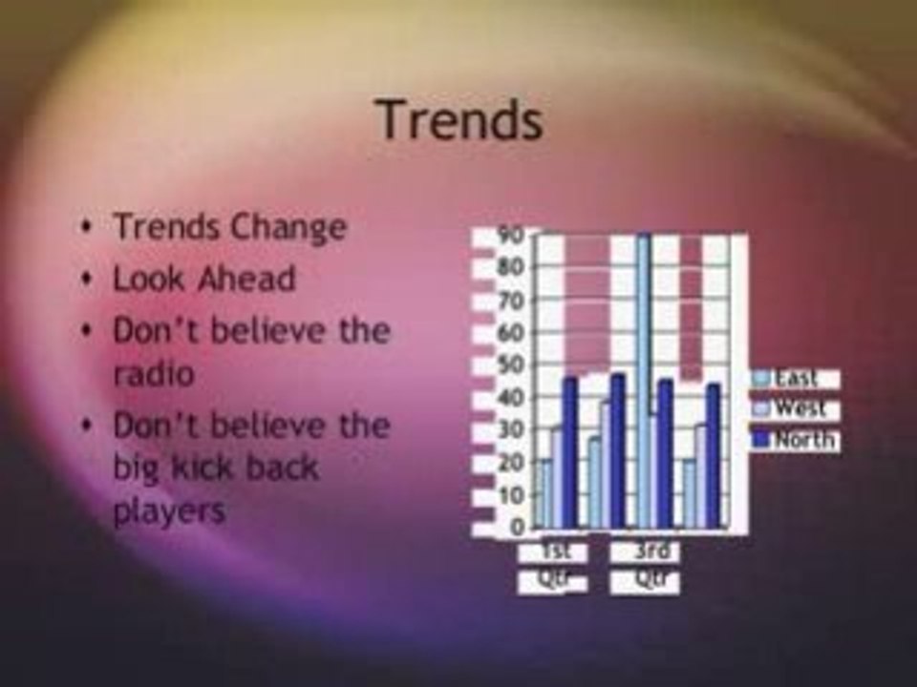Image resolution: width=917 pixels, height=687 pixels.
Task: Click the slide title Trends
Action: [x=459, y=121]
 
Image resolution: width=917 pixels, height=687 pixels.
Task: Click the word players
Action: [x=169, y=510]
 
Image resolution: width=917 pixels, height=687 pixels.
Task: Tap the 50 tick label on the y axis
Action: [x=512, y=365]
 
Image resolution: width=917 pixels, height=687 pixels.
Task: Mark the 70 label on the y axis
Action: [x=512, y=301]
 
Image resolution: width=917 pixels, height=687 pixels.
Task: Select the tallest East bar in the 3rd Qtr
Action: [x=644, y=382]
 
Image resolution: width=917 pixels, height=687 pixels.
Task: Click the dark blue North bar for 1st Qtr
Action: [x=570, y=452]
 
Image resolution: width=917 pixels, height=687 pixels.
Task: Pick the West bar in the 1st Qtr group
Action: [x=557, y=477]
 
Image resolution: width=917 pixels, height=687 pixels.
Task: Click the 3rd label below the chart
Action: [x=653, y=552]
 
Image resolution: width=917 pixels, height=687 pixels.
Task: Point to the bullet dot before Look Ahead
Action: [x=88, y=280]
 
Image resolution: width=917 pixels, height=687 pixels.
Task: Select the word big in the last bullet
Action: [x=139, y=468]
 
